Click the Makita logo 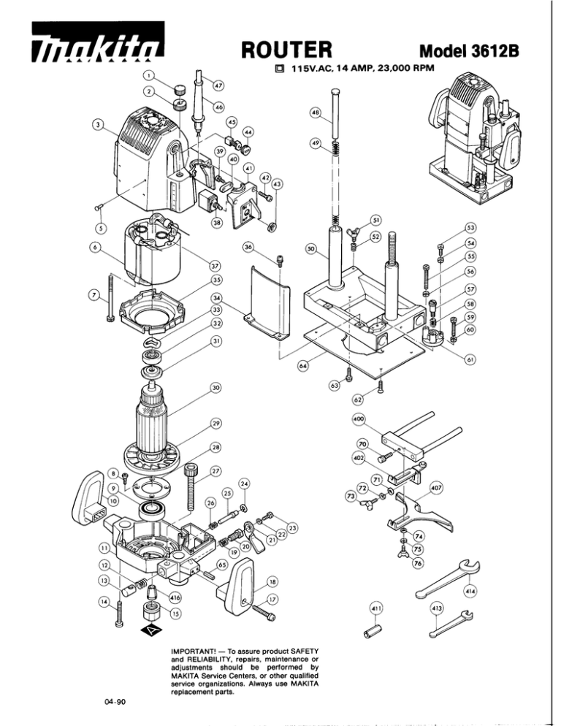coord(98,42)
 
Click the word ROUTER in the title coord(287,49)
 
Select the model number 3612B coord(495,50)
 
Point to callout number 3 coord(97,125)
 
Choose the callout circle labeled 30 coord(216,388)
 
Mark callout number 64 coord(303,367)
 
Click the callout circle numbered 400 coord(359,419)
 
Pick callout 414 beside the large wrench coord(470,592)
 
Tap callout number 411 coord(375,608)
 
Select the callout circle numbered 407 coord(436,488)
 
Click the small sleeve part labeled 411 coord(373,632)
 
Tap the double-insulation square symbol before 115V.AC coord(279,69)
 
